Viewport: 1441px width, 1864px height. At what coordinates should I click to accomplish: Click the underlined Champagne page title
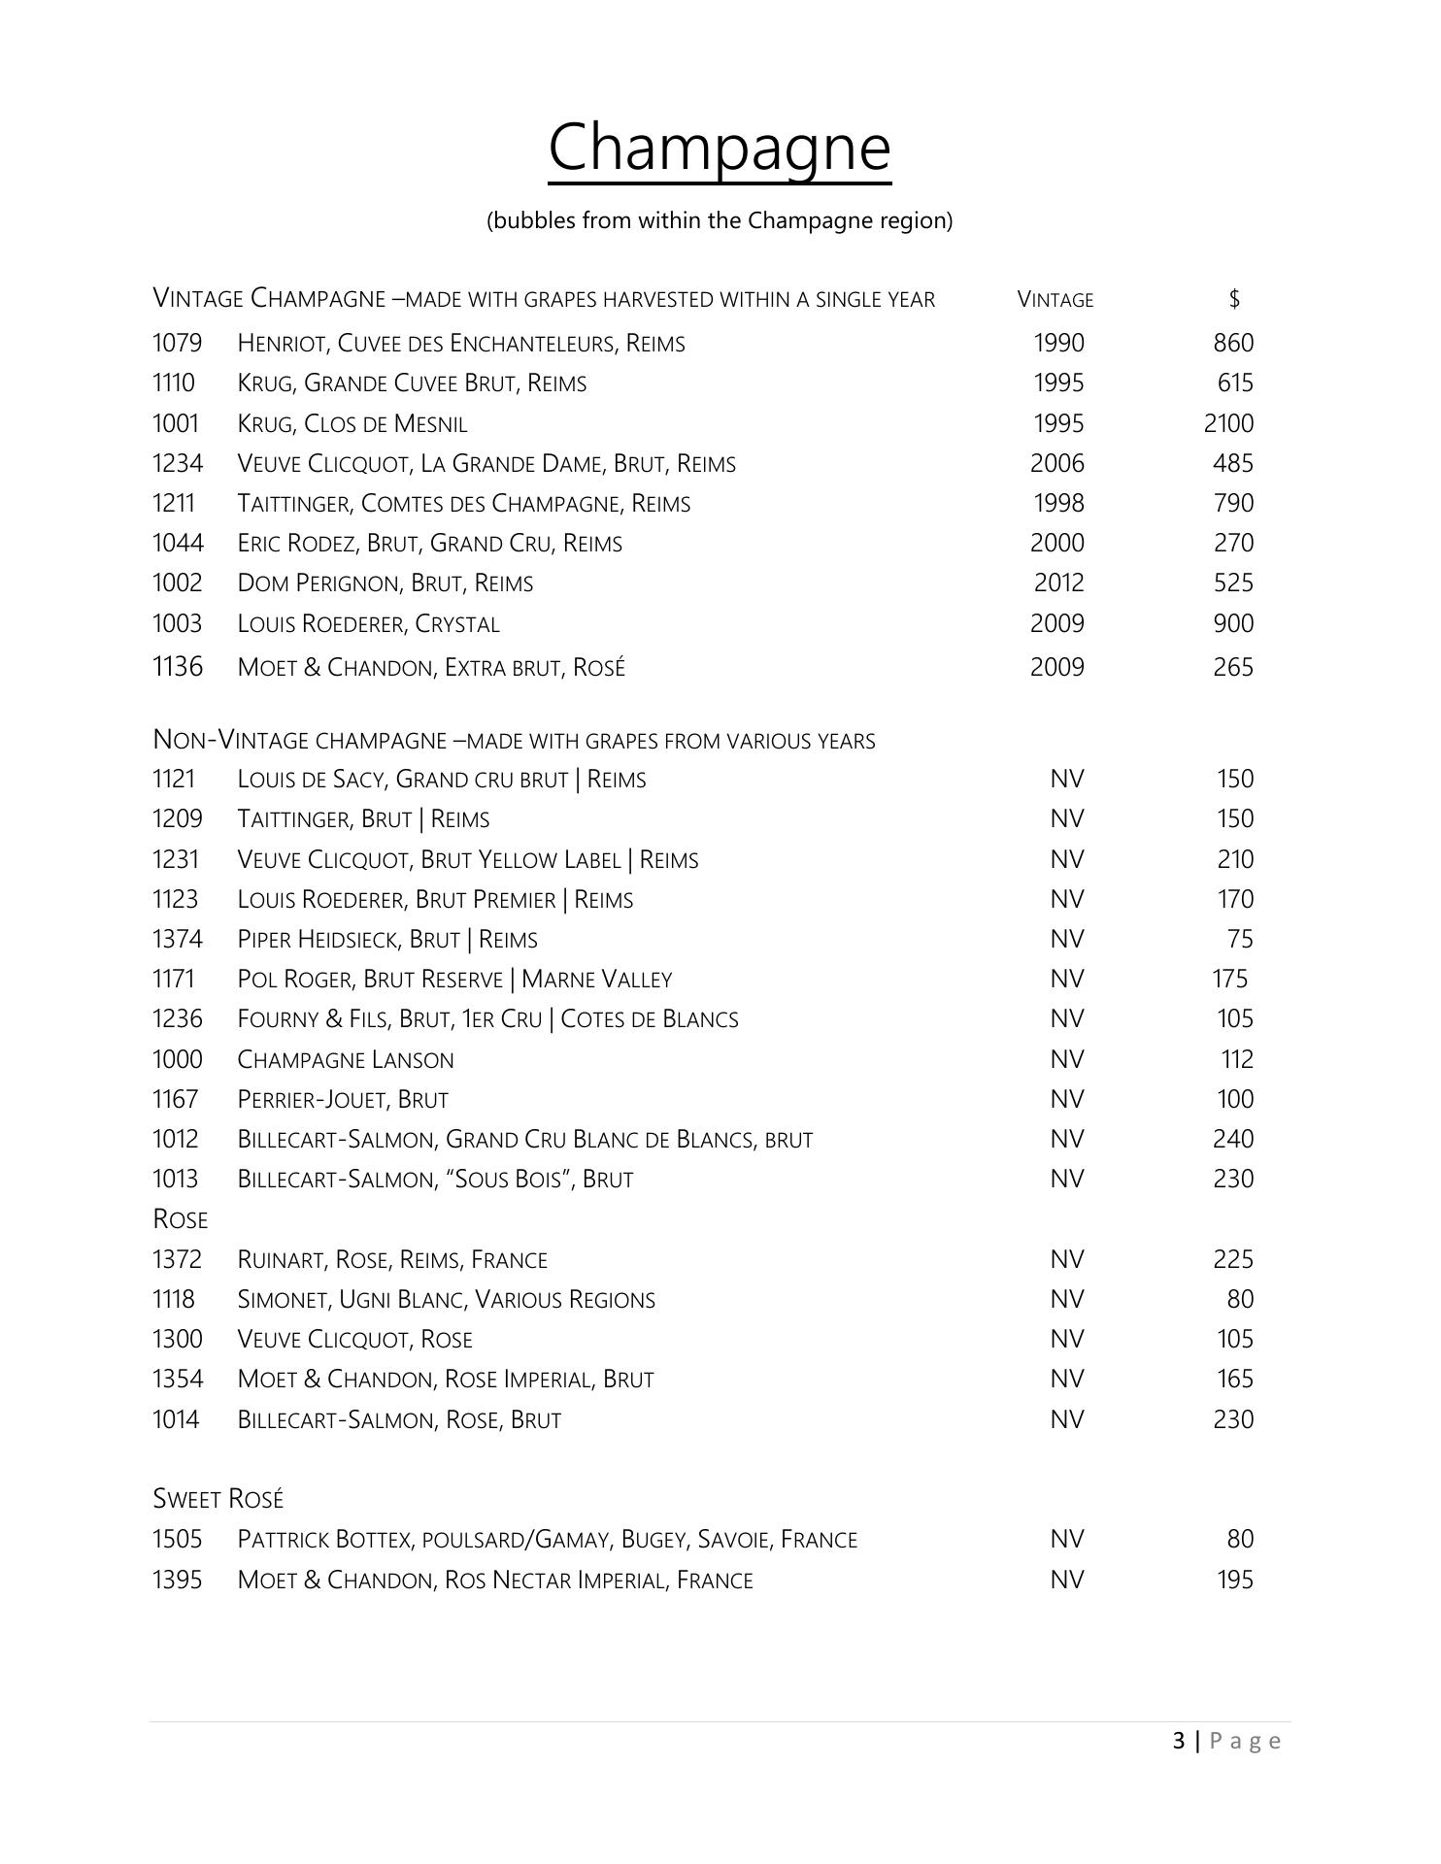pos(720,148)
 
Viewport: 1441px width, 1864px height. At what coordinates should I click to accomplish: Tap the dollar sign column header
pos(1234,299)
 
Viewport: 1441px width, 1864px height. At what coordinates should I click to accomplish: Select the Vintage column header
pos(1056,300)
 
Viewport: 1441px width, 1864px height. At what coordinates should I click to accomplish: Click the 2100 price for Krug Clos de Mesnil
pos(1228,424)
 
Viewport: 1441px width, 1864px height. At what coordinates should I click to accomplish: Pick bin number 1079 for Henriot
pos(178,344)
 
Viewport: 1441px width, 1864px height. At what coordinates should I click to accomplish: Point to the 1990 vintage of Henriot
pos(1058,344)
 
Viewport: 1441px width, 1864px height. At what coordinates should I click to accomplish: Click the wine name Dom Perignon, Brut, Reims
pos(385,583)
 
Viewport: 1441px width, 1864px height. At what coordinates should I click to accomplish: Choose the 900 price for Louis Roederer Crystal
pos(1233,624)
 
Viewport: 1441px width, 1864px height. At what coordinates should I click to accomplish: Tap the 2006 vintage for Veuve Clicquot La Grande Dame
pos(1057,464)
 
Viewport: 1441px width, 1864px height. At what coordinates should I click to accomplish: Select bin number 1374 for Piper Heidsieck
pos(178,940)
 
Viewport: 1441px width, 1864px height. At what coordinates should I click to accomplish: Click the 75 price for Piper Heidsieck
pos(1240,940)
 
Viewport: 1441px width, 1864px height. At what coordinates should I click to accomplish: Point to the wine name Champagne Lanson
pos(346,1060)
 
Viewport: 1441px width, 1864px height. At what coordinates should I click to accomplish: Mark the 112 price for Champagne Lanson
pos(1237,1060)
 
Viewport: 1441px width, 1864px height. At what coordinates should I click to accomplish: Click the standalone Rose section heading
pos(181,1219)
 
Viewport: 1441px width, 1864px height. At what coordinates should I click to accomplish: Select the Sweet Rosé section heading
pos(218,1499)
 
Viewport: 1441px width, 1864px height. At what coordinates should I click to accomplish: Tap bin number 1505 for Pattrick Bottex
pos(178,1540)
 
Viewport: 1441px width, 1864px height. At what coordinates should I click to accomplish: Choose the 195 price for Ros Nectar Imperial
pos(1235,1581)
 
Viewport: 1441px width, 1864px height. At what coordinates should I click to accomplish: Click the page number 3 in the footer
pos(1179,1741)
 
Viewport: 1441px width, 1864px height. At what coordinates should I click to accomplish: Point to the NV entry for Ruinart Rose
pos(1066,1260)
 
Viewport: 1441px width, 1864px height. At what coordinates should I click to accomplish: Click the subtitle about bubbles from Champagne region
pos(720,220)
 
